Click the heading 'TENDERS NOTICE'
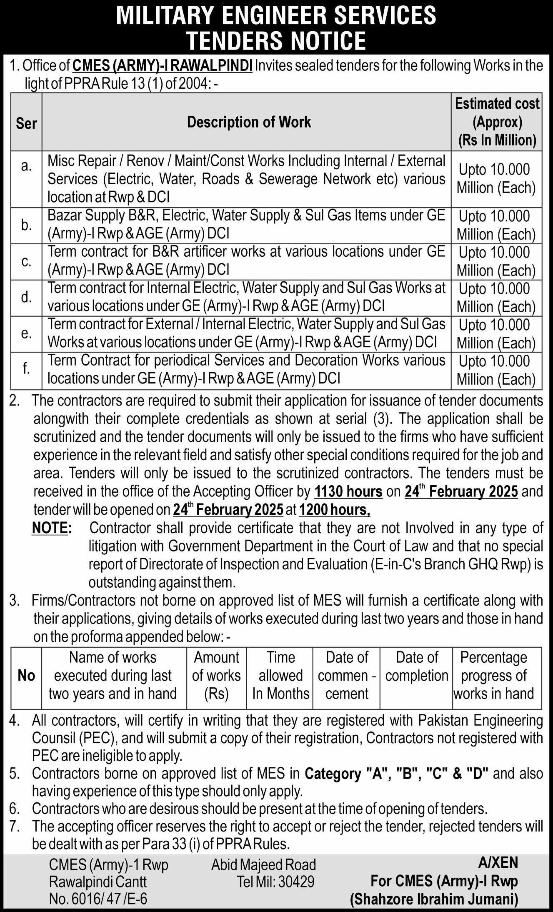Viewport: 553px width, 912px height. (x=276, y=40)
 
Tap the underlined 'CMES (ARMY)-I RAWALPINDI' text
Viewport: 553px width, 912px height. (x=162, y=66)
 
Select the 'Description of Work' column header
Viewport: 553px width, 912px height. (x=249, y=122)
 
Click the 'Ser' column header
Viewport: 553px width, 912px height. (x=26, y=123)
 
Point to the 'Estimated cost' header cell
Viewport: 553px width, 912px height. (x=497, y=121)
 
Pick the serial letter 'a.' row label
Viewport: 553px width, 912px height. (x=26, y=166)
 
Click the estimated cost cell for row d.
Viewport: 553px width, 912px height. (x=496, y=298)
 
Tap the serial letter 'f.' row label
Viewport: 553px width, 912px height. (x=26, y=368)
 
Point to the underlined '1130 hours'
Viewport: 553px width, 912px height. (x=348, y=491)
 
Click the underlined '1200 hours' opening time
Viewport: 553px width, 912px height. (x=334, y=509)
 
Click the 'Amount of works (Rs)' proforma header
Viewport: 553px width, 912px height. (x=216, y=675)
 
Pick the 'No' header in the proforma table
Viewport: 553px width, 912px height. (x=26, y=675)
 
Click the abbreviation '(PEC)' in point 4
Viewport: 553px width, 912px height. (x=96, y=738)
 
